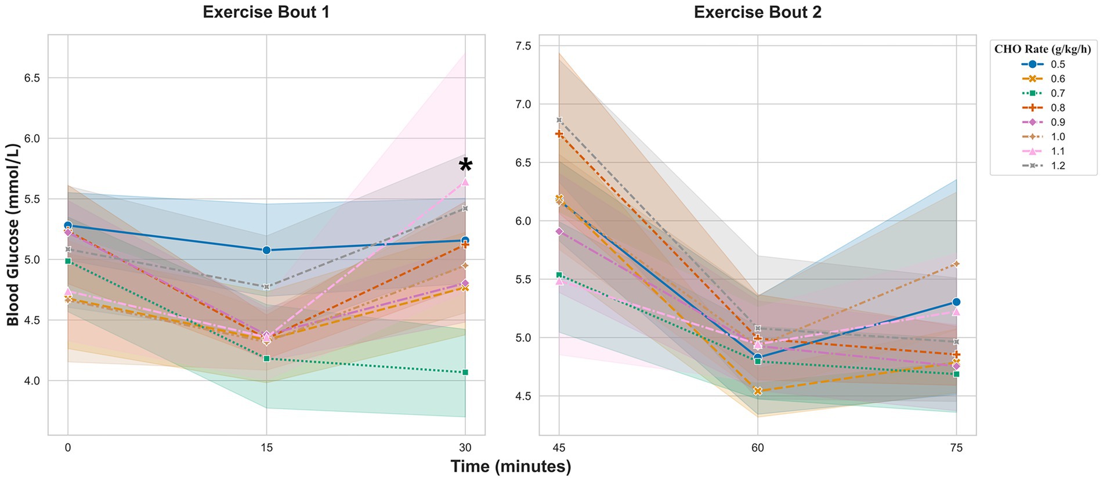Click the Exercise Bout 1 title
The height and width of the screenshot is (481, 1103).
(266, 12)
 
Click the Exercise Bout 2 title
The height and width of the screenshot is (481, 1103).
(757, 12)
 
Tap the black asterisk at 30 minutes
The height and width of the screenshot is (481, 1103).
(465, 166)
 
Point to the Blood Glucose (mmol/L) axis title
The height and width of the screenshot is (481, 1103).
(13, 235)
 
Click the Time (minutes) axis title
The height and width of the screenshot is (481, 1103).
(511, 466)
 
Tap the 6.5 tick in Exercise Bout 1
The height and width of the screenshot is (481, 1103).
(31, 78)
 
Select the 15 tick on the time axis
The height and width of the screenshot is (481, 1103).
(266, 448)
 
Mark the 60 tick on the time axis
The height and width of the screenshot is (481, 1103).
(757, 448)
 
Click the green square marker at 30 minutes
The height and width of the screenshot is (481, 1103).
(465, 372)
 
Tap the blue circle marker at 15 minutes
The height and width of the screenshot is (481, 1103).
(266, 250)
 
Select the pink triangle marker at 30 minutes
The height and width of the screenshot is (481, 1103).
(465, 182)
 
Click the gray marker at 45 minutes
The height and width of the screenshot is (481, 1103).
(559, 120)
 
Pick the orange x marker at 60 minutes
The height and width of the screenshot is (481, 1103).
(757, 391)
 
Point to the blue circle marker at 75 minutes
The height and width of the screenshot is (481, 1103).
(956, 302)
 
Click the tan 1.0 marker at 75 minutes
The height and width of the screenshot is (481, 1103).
(956, 264)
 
